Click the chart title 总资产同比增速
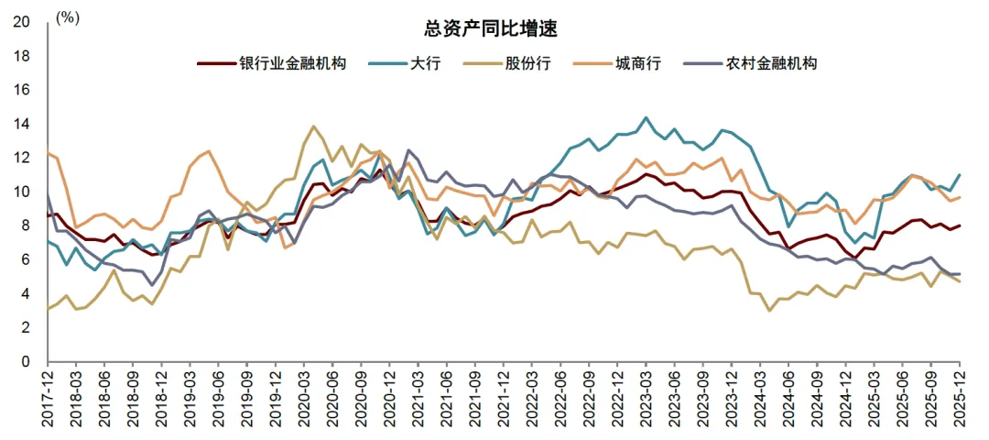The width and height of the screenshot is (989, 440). (494, 28)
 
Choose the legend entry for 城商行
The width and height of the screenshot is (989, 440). (640, 63)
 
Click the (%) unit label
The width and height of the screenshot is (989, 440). (68, 17)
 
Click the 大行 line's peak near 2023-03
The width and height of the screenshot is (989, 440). (647, 117)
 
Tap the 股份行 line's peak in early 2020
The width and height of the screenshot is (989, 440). (314, 126)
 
